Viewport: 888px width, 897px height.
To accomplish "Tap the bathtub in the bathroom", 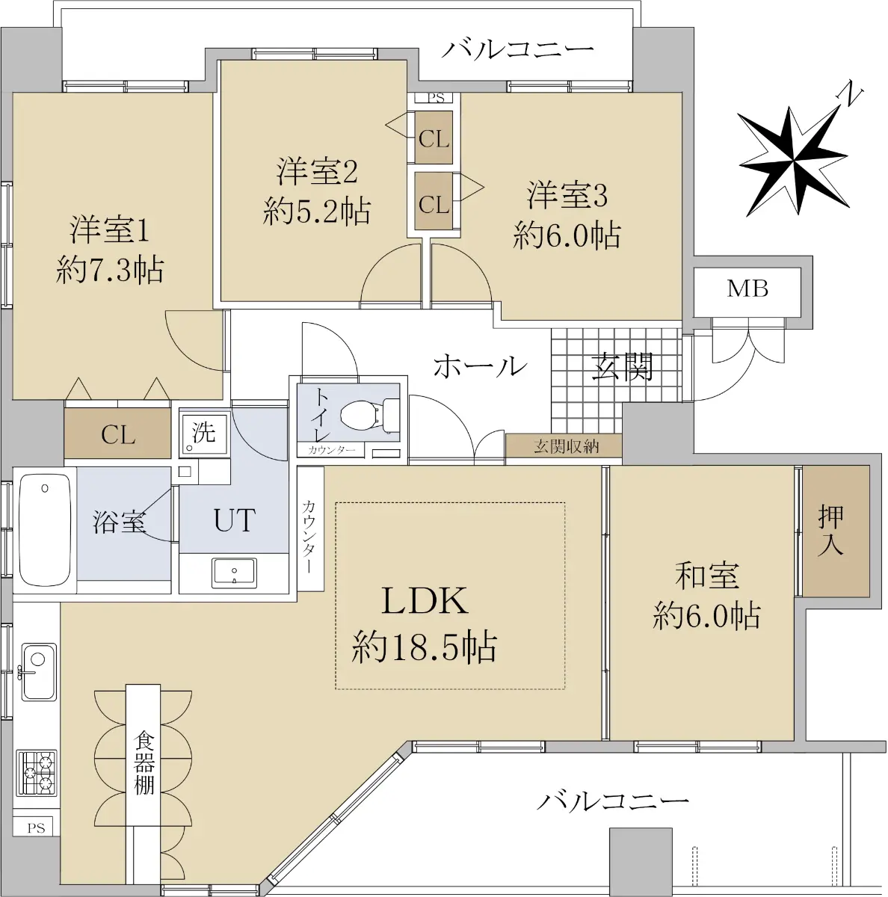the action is pos(45,530).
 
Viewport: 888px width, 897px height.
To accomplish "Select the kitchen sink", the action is pos(39,672).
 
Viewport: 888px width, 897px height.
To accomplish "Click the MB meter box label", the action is pos(747,289).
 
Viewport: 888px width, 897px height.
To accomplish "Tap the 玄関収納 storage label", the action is pos(566,446).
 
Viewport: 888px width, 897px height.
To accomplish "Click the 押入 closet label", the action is pos(831,530).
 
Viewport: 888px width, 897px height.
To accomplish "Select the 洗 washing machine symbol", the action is pos(204,433).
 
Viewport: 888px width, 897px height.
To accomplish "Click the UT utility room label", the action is pos(235,520).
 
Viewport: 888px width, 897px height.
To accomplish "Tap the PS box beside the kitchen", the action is pos(36,828).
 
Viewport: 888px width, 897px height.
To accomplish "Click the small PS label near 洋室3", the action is pos(436,98).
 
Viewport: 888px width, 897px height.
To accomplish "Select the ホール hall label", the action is pos(480,366).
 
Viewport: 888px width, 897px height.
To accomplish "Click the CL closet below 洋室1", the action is pos(118,435).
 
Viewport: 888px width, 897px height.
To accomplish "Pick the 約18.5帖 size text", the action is pos(425,647).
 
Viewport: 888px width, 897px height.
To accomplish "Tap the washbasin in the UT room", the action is pos(234,573).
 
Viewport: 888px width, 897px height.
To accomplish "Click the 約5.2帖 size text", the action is pos(317,212).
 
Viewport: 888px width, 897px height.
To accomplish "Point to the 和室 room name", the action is pos(707,576).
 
